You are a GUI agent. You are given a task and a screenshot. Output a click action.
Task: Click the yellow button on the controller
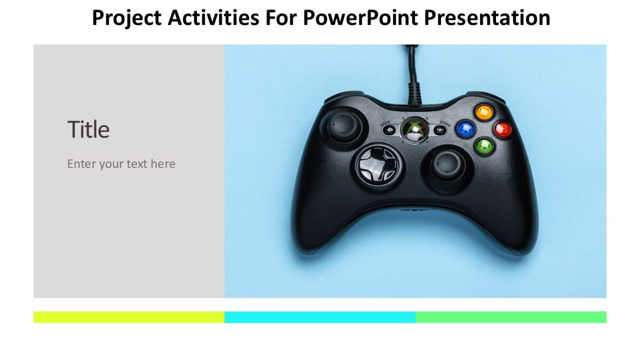(x=484, y=112)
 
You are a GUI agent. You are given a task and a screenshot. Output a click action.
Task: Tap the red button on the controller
(x=502, y=129)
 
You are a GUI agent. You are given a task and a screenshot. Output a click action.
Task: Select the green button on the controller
(x=484, y=146)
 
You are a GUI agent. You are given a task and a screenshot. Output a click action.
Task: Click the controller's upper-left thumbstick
(x=344, y=125)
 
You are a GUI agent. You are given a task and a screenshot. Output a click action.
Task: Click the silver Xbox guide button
(x=414, y=130)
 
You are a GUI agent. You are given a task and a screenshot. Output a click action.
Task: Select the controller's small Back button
(x=390, y=130)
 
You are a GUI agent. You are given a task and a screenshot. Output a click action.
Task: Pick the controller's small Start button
(x=439, y=130)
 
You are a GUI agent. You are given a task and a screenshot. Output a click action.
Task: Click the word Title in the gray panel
(x=89, y=130)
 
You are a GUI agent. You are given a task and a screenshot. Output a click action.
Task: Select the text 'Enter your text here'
(x=121, y=164)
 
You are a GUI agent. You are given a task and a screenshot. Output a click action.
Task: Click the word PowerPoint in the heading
(x=361, y=18)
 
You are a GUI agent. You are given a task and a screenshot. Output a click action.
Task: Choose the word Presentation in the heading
(x=487, y=18)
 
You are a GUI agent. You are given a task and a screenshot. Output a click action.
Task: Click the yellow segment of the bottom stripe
(x=129, y=317)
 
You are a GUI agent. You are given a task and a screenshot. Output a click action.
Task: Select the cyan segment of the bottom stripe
(x=320, y=317)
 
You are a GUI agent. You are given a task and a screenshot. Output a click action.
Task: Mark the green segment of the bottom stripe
(x=511, y=317)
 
